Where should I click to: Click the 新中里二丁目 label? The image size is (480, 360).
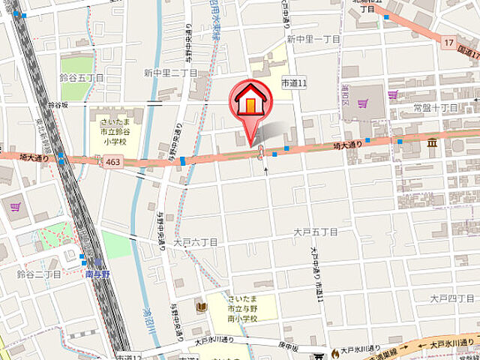171,73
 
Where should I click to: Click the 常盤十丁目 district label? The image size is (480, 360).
435,109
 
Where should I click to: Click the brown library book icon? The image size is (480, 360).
200,306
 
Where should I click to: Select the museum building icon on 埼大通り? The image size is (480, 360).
433,142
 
